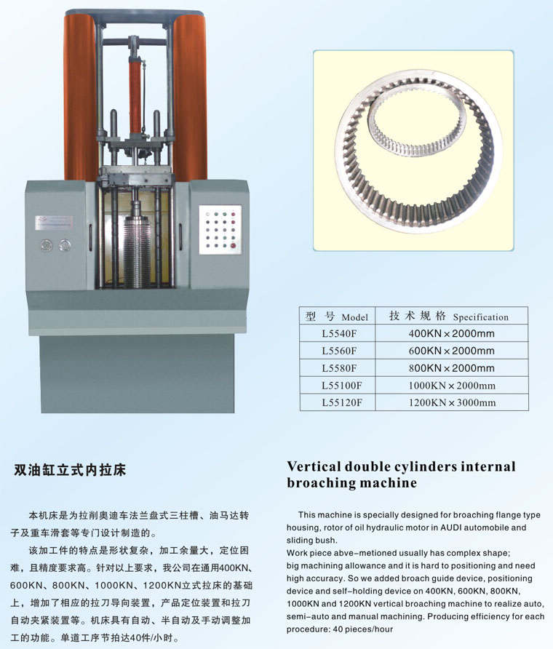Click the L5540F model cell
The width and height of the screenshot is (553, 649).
[x=339, y=334]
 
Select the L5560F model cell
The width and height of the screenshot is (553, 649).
[x=339, y=351]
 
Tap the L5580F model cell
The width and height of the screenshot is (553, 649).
[x=339, y=368]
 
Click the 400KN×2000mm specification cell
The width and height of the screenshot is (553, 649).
[x=452, y=334]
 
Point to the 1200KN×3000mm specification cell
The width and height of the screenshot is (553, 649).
[x=452, y=403]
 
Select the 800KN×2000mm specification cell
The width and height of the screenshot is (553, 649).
[x=452, y=368]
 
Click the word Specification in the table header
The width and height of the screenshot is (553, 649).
[x=480, y=317]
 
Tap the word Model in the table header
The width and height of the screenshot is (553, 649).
[x=355, y=317]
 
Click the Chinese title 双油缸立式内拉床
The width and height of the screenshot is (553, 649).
[x=70, y=470]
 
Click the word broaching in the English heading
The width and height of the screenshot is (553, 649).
[x=319, y=483]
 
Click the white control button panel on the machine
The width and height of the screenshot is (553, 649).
[x=220, y=230]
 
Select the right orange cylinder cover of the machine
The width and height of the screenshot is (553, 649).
[x=190, y=98]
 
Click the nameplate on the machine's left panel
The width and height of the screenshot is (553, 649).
[x=54, y=222]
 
